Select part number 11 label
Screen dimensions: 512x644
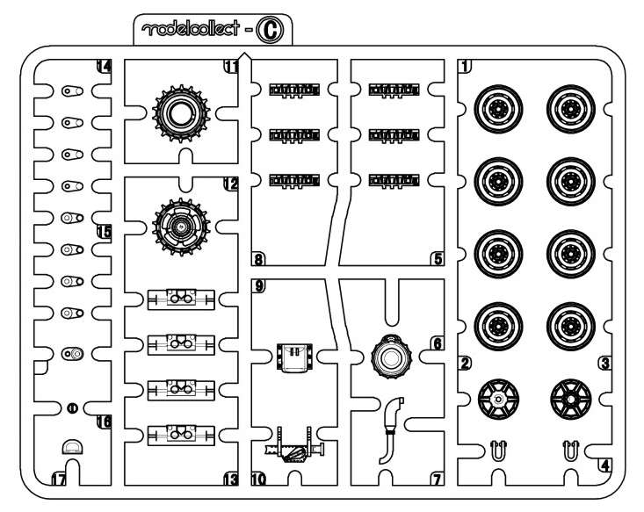coord(232,67)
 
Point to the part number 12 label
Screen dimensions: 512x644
coord(232,185)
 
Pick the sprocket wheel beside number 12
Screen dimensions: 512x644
coord(183,226)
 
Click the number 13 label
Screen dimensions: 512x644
coord(232,480)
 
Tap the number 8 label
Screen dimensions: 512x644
coord(259,259)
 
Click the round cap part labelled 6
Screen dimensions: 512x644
coord(390,357)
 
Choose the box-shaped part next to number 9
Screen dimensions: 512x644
coord(291,358)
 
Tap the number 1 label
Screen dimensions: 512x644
coord(464,67)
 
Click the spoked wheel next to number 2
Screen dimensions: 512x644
coord(497,400)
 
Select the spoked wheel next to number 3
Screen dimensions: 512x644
coord(568,400)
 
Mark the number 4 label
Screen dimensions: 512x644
coord(606,465)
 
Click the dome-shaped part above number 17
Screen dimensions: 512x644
coord(72,448)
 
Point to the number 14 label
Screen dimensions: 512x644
coord(104,67)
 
